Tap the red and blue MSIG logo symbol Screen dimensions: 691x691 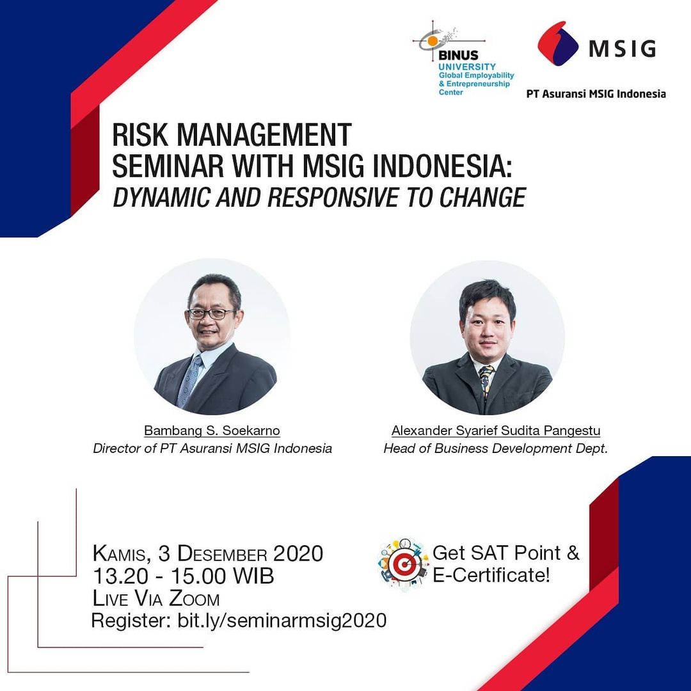(558, 44)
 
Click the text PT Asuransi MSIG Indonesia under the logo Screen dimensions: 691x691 (596, 94)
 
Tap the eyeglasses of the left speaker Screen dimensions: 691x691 (212, 314)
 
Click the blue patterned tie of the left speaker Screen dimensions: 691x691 (189, 380)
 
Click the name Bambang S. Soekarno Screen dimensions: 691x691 (212, 431)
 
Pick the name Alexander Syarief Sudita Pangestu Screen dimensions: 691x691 (496, 431)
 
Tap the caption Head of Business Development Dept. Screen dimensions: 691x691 (496, 449)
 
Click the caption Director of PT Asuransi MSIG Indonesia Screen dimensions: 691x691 (212, 449)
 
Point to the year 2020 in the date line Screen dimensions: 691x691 (298, 554)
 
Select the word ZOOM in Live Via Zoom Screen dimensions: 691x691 (195, 599)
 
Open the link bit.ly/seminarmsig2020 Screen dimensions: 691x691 (282, 621)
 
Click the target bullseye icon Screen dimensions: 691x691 (404, 564)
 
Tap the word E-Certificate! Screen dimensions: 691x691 (491, 576)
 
